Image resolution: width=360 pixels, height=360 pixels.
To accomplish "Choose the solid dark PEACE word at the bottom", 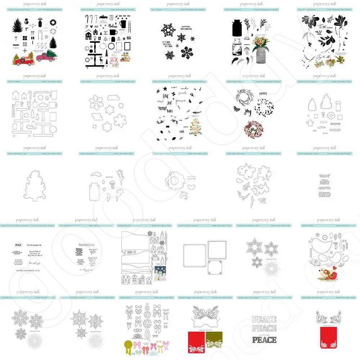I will tap(264, 339).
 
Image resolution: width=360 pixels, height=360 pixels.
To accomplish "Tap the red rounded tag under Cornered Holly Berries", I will tap(328, 338).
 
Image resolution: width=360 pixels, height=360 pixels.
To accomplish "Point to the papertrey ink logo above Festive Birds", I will tap(326, 220).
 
